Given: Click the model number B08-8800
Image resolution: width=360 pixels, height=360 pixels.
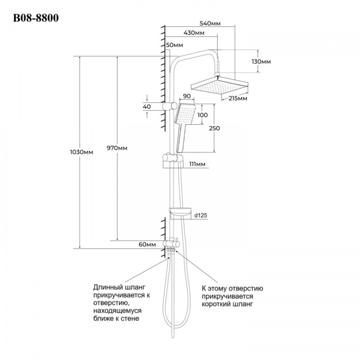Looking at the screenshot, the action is [x=36, y=18].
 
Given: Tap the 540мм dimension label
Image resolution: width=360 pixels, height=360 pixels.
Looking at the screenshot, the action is [x=210, y=23].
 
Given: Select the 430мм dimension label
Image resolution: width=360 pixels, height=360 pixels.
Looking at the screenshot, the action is [x=194, y=33].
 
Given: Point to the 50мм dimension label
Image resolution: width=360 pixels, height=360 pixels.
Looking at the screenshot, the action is [x=175, y=45].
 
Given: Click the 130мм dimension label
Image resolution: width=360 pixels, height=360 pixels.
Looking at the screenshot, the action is [x=261, y=62].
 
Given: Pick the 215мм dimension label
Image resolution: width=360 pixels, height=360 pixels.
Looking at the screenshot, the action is [x=238, y=99].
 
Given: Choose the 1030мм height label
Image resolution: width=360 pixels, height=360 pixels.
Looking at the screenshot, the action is [x=81, y=152].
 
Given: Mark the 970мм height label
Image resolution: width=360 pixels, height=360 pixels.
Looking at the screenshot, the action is [x=117, y=148].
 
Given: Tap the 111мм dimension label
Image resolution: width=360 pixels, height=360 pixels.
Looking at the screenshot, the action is [x=197, y=164].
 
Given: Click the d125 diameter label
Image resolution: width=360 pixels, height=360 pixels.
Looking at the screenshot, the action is [x=201, y=216].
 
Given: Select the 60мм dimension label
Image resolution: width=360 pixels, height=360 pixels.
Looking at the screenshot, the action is [x=147, y=244].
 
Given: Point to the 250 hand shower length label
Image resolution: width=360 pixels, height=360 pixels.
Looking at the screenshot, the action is [x=214, y=128].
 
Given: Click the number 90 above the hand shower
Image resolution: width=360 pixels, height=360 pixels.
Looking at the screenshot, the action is [x=187, y=96].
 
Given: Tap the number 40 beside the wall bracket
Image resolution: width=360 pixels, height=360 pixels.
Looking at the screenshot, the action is [x=147, y=107].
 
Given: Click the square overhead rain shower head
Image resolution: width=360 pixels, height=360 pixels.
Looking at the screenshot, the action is [x=220, y=85].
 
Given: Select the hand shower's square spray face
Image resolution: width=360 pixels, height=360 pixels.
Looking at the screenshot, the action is [x=185, y=114].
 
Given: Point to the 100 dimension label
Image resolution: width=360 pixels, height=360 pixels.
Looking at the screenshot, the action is [x=202, y=115].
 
